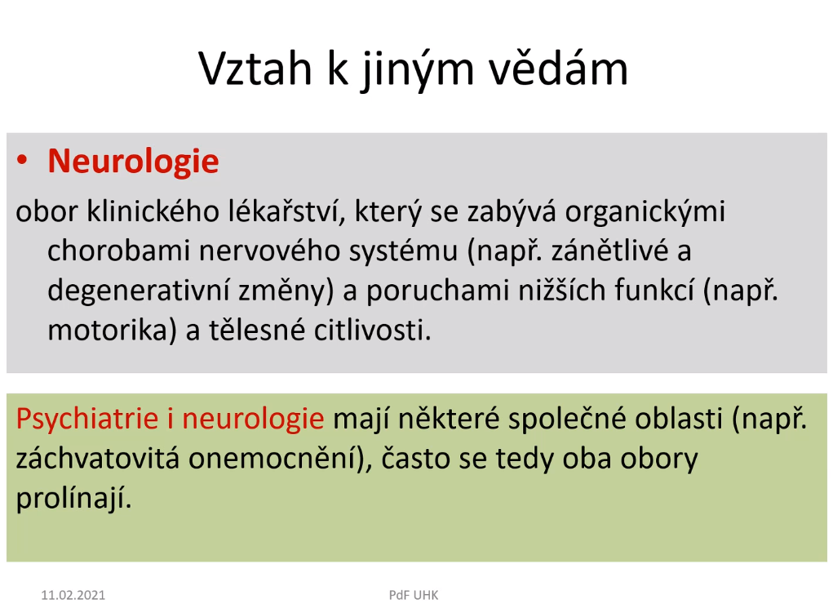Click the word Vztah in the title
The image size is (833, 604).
255,69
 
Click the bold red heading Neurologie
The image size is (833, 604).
133,161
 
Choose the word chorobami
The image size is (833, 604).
118,250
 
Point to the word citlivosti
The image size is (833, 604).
372,331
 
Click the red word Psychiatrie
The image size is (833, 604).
87,419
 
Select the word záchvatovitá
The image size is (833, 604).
98,459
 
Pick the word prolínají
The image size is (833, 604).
73,499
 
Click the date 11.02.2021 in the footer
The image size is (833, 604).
73,595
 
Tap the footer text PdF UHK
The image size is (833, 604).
414,595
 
